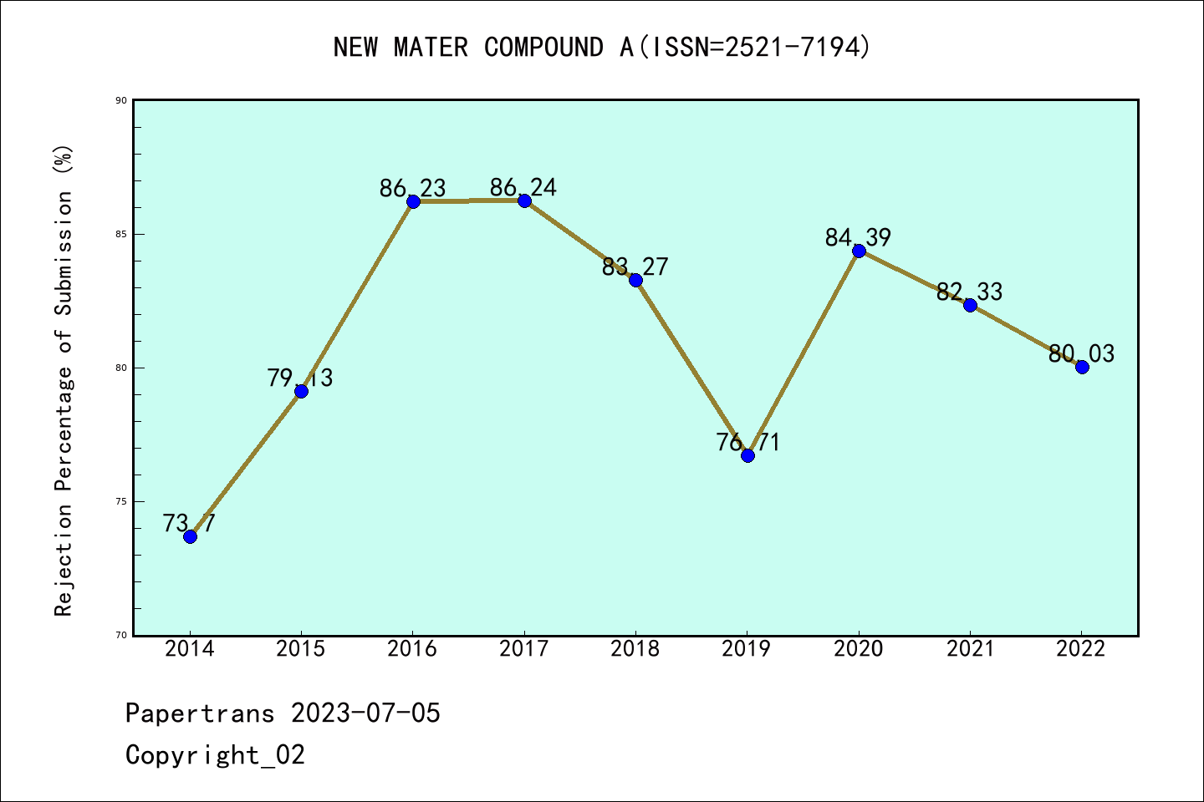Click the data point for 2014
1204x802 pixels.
(190, 536)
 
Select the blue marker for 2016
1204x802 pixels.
(413, 201)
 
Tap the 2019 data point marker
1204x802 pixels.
(747, 455)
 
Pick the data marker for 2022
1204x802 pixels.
(1082, 367)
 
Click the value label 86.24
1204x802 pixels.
(523, 187)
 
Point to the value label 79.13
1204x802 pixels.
(300, 378)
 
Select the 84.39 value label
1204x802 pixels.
(858, 237)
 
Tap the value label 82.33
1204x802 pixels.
(969, 292)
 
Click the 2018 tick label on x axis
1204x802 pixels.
(635, 649)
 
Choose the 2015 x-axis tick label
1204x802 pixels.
(301, 649)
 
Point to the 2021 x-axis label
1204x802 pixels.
(970, 649)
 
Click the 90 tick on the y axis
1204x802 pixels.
(121, 100)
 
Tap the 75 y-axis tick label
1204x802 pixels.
(121, 501)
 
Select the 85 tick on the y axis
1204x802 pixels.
(121, 234)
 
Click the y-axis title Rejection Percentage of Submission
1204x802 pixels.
(64, 381)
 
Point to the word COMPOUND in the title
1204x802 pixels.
(543, 48)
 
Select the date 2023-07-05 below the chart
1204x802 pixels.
(365, 713)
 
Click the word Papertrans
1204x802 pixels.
(200, 713)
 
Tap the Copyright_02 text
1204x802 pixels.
(215, 755)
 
